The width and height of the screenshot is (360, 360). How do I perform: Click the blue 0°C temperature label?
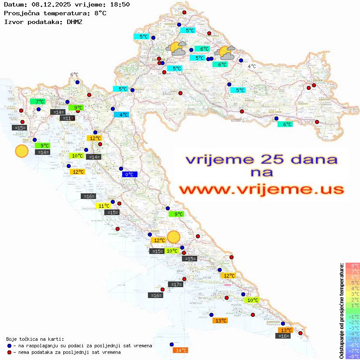coord(130,175)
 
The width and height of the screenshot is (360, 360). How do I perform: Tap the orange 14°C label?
coord(181,350)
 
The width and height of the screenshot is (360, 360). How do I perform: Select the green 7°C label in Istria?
coord(38,102)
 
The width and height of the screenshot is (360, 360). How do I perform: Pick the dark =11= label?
coord(67,118)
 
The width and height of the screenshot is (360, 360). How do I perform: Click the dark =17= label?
coord(175,285)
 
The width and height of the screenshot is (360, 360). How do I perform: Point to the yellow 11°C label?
coord(103,206)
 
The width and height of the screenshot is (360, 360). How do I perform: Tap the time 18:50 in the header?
coord(119,5)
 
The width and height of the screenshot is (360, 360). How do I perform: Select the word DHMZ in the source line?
coord(75,21)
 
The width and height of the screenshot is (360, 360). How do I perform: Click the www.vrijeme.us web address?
coord(261,190)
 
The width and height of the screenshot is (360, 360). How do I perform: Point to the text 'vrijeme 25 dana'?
coord(261,159)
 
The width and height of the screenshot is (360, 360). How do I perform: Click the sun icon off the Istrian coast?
coord(21,151)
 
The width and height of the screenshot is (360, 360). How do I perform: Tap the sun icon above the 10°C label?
coord(174,237)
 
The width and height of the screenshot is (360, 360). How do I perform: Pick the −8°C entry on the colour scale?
coord(352,356)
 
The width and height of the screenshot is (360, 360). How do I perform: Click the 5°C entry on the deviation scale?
coord(352,282)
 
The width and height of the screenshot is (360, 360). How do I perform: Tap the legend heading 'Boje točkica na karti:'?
coord(35,339)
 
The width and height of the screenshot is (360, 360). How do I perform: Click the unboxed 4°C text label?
coord(252,66)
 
